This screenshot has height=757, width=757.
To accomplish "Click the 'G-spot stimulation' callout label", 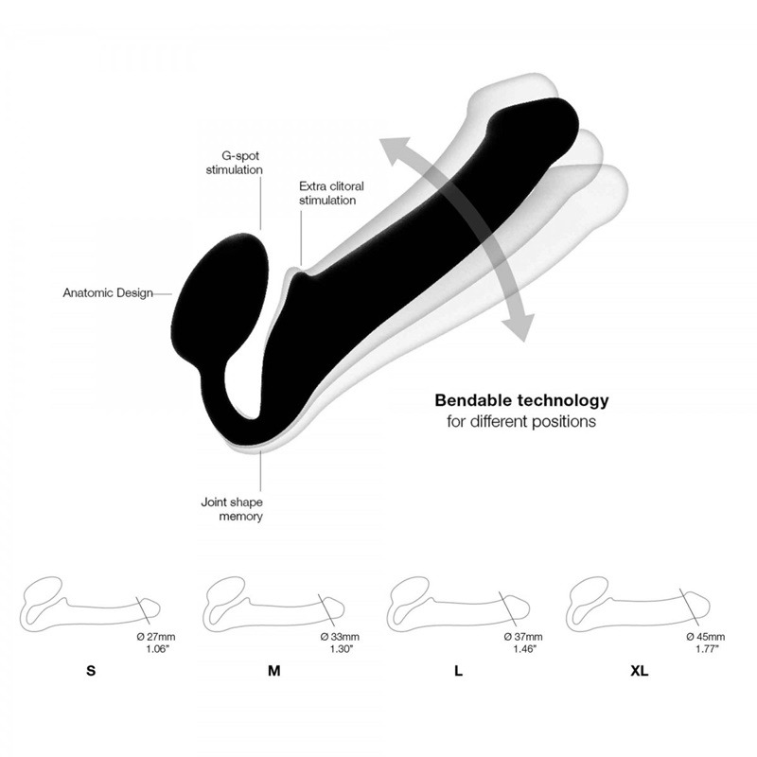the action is tap(235, 163).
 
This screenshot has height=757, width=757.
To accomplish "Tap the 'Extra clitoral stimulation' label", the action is tap(331, 193).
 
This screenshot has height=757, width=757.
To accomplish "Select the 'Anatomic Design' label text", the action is tap(108, 293).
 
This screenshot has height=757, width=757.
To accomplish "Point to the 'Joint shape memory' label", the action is tap(232, 509).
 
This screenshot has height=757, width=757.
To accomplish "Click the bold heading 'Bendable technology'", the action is tap(522, 400).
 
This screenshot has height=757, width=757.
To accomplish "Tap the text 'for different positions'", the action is tap(521, 421).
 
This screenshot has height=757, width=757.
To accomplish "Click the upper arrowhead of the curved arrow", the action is tap(396, 150).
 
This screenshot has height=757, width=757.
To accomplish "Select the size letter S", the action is tap(91, 671).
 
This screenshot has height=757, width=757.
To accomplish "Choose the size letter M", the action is tap(274, 671).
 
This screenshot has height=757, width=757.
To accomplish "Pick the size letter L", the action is tap(458, 671).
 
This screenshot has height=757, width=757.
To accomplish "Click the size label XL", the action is tap(640, 671).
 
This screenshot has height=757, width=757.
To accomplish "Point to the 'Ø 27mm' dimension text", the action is tap(155, 637).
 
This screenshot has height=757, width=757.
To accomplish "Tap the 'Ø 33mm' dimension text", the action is tap(340, 637).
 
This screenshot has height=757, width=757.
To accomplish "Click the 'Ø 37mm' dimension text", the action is tap(523, 637).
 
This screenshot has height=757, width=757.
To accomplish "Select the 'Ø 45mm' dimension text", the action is tap(706, 637).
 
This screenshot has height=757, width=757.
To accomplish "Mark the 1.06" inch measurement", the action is tap(158, 649).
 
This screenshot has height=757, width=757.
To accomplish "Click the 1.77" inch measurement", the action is tap(707, 649).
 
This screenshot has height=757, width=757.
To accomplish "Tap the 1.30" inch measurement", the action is tap(342, 649).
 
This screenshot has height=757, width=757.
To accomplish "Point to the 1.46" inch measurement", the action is tap(525, 649).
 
